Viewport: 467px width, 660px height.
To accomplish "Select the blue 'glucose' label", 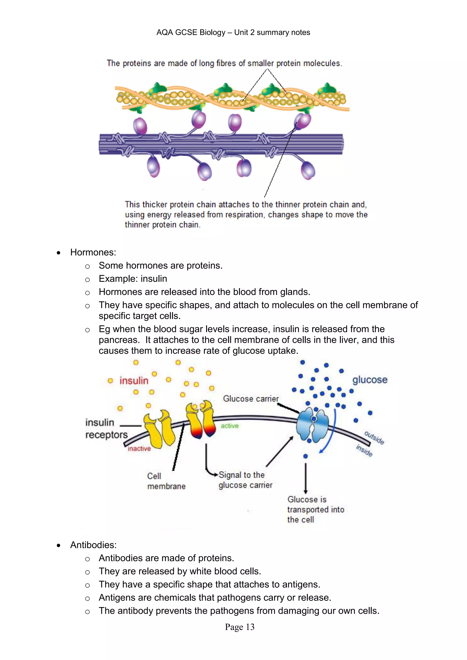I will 370,380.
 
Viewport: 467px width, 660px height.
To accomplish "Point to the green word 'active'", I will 229,426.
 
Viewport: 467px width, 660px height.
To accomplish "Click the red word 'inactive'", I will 139,449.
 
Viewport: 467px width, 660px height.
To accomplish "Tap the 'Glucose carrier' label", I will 251,399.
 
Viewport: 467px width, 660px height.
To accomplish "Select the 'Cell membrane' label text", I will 166,481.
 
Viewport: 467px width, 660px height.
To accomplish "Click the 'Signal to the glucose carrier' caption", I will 245,480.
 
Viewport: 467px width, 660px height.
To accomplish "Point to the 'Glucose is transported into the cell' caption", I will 315,509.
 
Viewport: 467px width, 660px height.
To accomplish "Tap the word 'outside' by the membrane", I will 374,438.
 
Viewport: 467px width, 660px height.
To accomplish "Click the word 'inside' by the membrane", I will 364,450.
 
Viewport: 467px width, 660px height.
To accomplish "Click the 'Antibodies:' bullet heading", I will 93,545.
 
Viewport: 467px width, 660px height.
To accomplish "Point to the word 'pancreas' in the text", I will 119,340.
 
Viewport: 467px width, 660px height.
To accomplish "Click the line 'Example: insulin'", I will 133,279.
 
